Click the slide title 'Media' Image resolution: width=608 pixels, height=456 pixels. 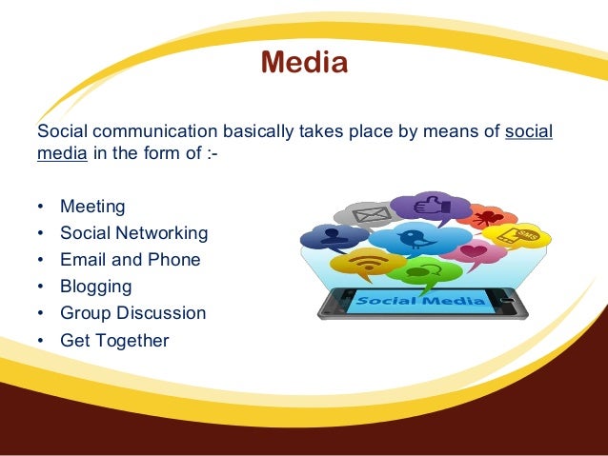[x=304, y=63]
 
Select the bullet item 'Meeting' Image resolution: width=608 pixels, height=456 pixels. [x=92, y=207]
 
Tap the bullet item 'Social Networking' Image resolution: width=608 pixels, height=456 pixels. [x=133, y=233]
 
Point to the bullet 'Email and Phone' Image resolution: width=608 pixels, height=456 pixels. [x=130, y=260]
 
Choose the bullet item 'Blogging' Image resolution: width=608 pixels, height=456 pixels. [x=95, y=286]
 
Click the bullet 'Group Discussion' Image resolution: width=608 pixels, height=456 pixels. [x=132, y=312]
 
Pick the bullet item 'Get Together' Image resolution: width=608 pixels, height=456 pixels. [x=114, y=339]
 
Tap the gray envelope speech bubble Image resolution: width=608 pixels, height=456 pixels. [x=365, y=214]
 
